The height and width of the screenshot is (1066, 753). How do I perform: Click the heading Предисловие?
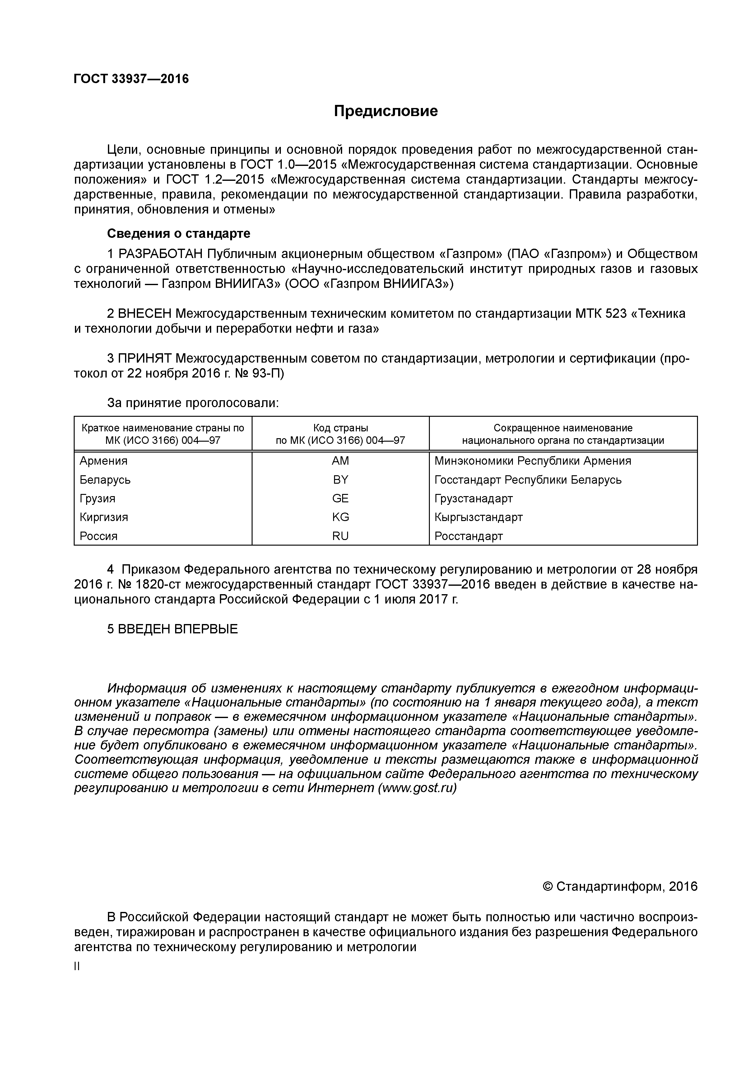(x=386, y=111)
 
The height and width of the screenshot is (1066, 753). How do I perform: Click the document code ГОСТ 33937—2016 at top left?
(x=131, y=79)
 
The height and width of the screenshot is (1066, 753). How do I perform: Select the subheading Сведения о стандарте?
(x=179, y=233)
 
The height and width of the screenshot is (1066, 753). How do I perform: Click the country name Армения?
(x=104, y=461)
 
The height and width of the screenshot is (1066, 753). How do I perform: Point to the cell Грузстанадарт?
(x=474, y=499)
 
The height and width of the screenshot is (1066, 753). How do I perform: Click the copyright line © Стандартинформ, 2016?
(x=620, y=887)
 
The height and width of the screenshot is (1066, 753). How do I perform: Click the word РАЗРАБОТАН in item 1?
(x=160, y=254)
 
